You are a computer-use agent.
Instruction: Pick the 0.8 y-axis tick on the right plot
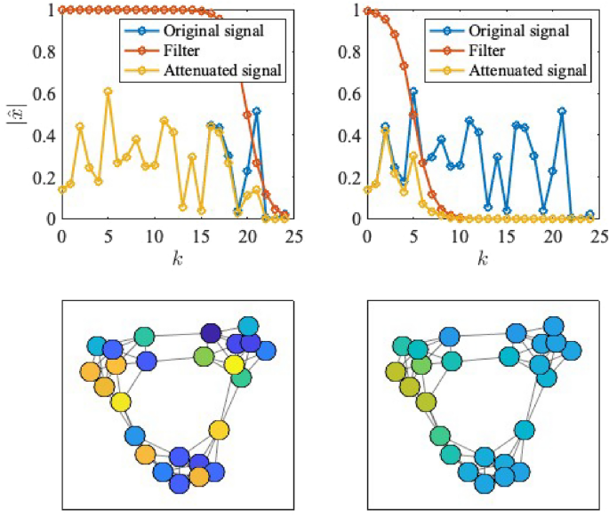(349, 52)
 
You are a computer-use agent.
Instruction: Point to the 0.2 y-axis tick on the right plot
(349, 177)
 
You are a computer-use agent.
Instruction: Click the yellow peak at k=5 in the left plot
(108, 91)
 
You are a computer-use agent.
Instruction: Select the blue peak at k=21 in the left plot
(257, 112)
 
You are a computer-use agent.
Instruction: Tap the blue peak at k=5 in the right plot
(413, 91)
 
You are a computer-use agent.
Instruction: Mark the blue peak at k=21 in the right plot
(562, 112)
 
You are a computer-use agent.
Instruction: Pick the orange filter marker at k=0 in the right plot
(367, 11)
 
